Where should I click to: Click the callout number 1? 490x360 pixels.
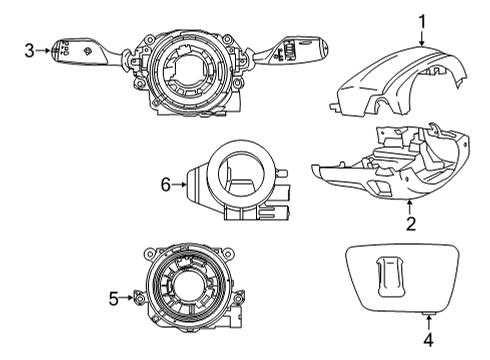pyautogui.click(x=422, y=22)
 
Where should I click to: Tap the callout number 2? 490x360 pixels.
pyautogui.click(x=411, y=224)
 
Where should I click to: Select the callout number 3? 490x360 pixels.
pyautogui.click(x=30, y=51)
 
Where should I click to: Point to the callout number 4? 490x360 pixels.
pyautogui.click(x=429, y=339)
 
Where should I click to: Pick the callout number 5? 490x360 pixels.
pyautogui.click(x=114, y=298)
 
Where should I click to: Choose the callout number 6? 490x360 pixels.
pyautogui.click(x=166, y=184)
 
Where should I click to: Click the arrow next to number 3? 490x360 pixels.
pyautogui.click(x=43, y=51)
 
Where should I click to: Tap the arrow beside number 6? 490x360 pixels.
pyautogui.click(x=179, y=184)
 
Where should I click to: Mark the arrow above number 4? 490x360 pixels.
pyautogui.click(x=429, y=322)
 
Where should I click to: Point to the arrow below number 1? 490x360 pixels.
pyautogui.click(x=422, y=39)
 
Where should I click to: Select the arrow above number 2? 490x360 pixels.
pyautogui.click(x=410, y=207)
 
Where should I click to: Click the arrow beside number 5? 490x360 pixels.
pyautogui.click(x=127, y=297)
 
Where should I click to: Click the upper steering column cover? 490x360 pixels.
pyautogui.click(x=398, y=82)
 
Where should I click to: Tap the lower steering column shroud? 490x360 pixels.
pyautogui.click(x=392, y=163)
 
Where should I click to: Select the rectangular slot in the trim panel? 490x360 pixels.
pyautogui.click(x=390, y=277)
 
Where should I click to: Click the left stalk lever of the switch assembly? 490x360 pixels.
pyautogui.click(x=87, y=52)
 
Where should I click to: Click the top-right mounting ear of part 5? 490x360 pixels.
pyautogui.click(x=228, y=252)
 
